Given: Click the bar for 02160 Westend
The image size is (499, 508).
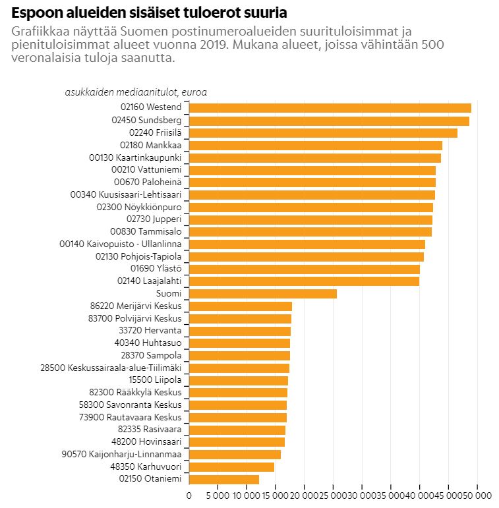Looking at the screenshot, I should click(330, 108).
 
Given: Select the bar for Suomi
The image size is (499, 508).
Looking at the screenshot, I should click(262, 293).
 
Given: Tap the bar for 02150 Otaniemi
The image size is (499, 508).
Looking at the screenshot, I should click(223, 479).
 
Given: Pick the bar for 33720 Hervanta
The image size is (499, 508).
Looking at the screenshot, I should click(239, 331).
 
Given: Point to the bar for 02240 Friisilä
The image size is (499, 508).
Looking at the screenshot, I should click(323, 133).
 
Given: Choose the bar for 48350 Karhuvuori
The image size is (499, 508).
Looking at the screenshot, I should click(231, 466).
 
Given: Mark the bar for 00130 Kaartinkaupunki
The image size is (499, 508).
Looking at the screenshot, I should click(314, 157).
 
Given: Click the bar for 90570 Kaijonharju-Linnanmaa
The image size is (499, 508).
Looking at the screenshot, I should click(235, 454).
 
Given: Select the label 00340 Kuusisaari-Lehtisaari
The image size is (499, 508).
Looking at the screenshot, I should click(125, 194).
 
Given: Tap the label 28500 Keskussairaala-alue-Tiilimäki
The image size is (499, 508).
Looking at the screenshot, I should click(110, 368).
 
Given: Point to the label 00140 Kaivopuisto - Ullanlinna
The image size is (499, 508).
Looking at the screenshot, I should click(120, 244).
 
